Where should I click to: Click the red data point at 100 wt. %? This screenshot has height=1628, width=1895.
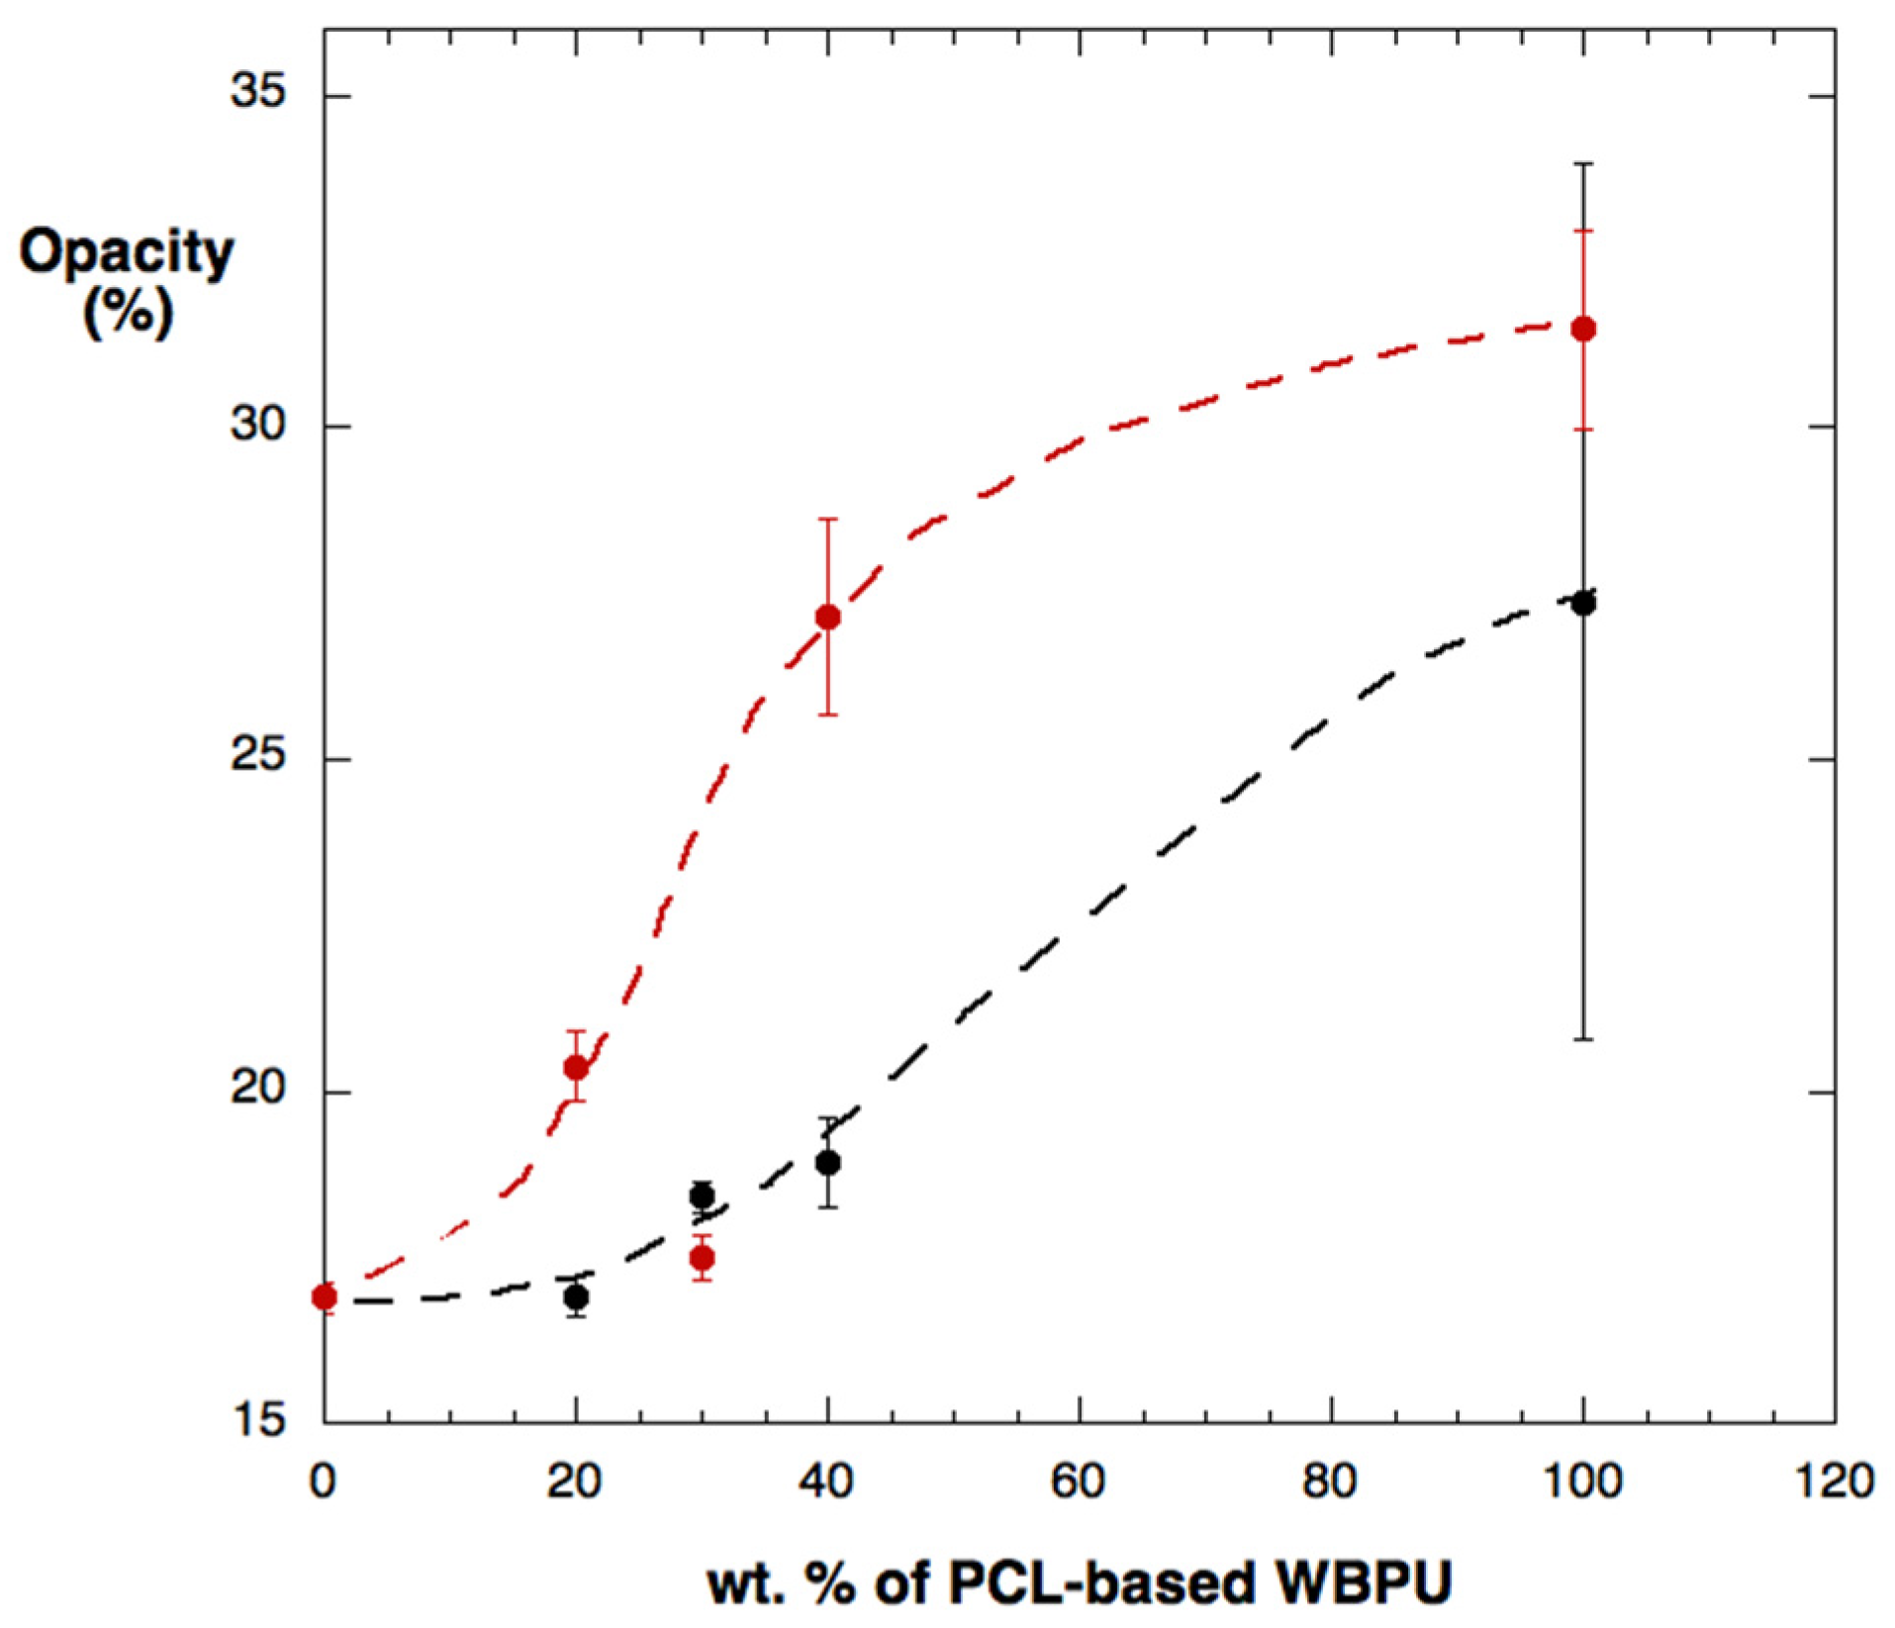(1583, 329)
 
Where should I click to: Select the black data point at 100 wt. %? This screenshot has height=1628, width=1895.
(1583, 603)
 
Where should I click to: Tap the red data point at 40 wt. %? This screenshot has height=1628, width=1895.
(828, 618)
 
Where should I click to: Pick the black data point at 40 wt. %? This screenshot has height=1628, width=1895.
(828, 1163)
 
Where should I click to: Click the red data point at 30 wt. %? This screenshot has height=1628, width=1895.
(703, 1259)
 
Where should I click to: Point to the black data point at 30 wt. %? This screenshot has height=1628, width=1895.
(703, 1196)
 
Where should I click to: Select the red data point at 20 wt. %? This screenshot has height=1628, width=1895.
(576, 1068)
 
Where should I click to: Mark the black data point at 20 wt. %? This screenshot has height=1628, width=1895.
(576, 1297)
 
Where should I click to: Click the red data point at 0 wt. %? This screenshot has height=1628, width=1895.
(325, 1296)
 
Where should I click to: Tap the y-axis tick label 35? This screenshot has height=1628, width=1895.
(258, 91)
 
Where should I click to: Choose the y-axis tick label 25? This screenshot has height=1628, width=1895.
(258, 756)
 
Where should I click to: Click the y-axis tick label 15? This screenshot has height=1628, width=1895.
(258, 1420)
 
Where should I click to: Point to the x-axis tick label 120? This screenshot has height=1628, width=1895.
(1836, 1482)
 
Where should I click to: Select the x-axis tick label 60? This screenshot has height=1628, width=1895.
(1079, 1482)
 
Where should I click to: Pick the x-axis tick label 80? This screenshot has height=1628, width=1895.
(1330, 1482)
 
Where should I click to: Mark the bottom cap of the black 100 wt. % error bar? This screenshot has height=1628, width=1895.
(1583, 1039)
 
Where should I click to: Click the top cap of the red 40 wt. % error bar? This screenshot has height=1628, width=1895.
(828, 519)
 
